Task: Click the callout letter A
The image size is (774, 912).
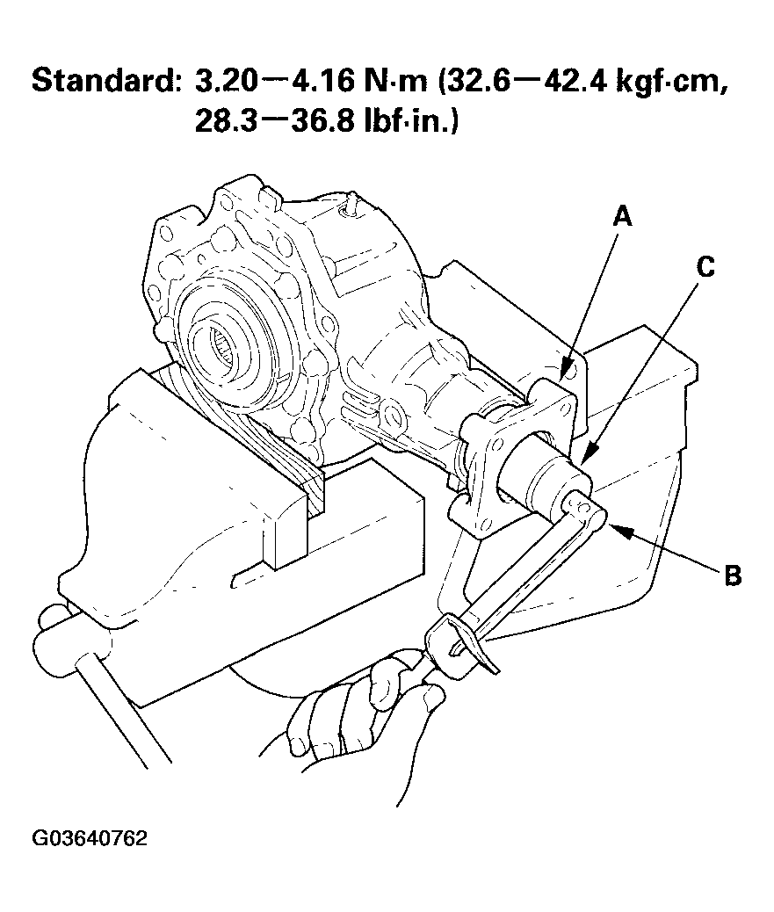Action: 622,216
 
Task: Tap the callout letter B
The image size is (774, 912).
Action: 732,576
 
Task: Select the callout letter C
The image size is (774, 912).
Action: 705,267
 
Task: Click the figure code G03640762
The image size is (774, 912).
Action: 90,838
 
